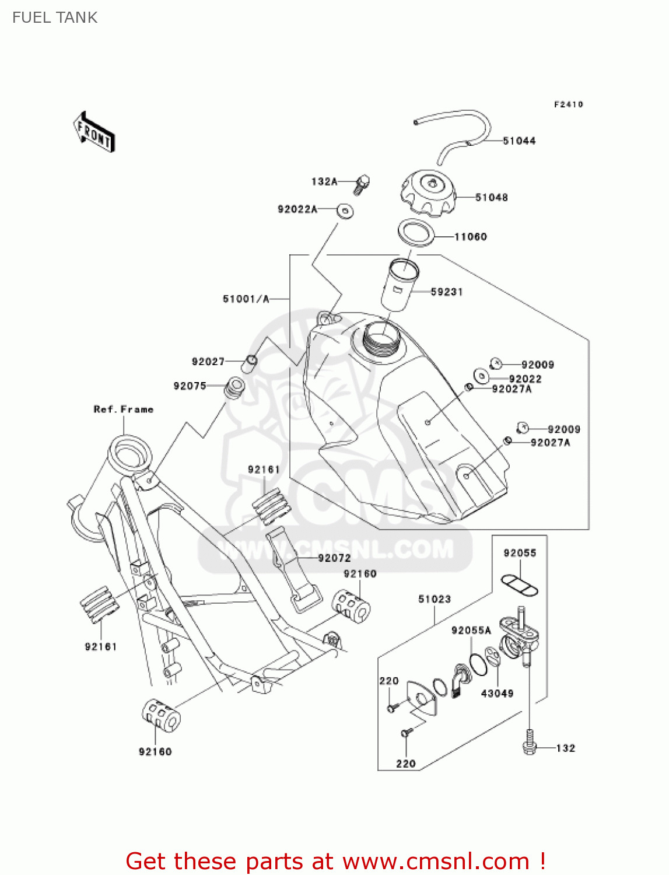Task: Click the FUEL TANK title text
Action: click(55, 17)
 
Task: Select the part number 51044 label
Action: click(519, 141)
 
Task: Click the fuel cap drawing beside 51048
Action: click(428, 192)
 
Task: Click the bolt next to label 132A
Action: click(362, 184)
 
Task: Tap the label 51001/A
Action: click(246, 299)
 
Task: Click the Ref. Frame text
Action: click(124, 409)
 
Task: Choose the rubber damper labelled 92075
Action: click(234, 388)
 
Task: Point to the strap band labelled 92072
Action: click(295, 569)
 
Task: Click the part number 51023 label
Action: click(435, 599)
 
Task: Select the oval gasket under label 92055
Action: click(519, 584)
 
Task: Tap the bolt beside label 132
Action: click(530, 742)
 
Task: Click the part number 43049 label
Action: click(497, 694)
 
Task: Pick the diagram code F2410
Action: click(568, 104)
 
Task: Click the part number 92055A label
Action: click(471, 631)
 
